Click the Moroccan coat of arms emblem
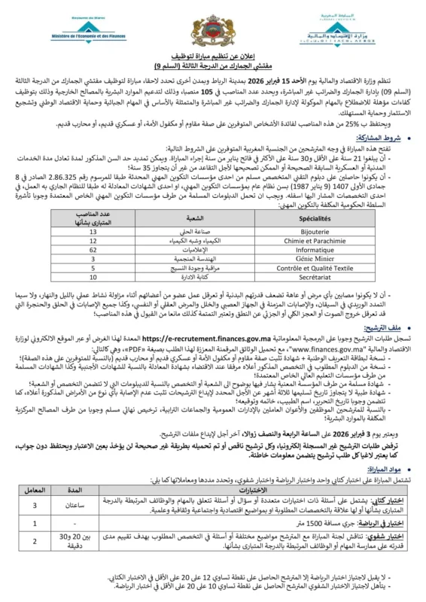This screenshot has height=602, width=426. click(214, 31)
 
